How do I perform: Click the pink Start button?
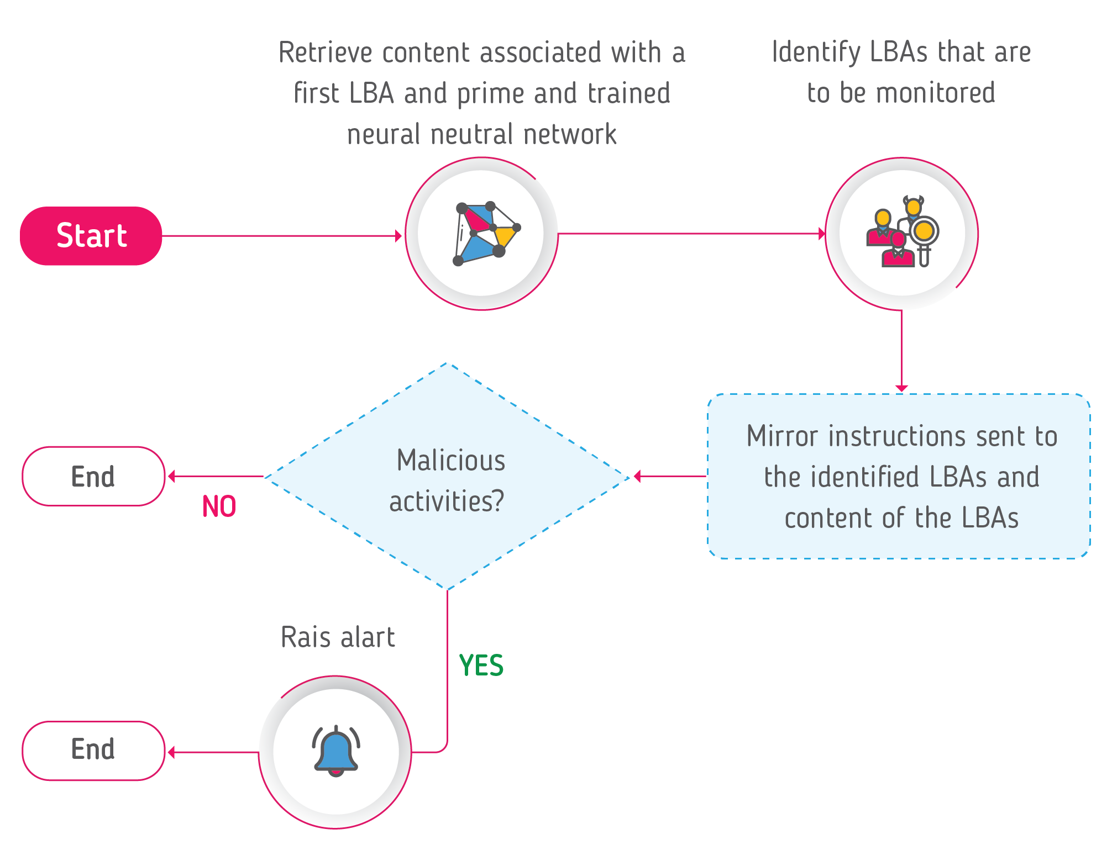coord(91,236)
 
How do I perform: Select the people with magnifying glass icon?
coord(901,232)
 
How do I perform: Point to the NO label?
coord(219,506)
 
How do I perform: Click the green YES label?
coord(481,665)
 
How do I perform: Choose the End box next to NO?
coord(93,476)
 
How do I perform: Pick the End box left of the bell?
coord(93,750)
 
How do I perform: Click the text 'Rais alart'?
coord(338,637)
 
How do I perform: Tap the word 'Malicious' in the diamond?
coord(450,460)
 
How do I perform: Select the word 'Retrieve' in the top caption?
coord(326,53)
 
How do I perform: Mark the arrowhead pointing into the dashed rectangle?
coord(901,388)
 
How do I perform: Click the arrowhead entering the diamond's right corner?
coord(637,476)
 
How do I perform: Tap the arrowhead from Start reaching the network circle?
coord(398,236)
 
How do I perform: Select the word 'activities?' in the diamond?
coord(447,501)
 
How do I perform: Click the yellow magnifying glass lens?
coord(924,230)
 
